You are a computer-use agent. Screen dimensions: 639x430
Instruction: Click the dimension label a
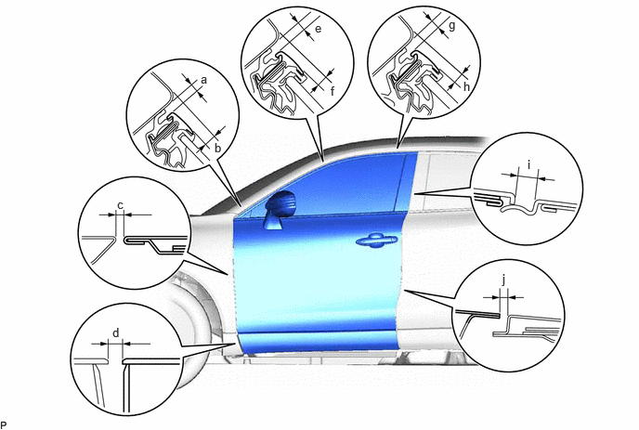(x=203, y=80)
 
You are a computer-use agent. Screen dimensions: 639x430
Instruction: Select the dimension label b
(x=217, y=148)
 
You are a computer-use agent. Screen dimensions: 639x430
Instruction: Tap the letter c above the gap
(x=120, y=206)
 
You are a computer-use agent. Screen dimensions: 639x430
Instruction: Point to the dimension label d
(x=116, y=333)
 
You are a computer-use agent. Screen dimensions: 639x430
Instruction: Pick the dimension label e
(x=319, y=29)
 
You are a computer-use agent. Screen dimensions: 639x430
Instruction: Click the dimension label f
(x=333, y=91)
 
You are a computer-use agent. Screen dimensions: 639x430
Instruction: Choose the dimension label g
(x=451, y=27)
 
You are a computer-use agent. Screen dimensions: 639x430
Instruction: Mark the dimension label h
(x=466, y=86)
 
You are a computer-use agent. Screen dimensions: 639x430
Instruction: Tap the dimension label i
(x=529, y=165)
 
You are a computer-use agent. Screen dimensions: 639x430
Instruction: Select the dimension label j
(x=504, y=280)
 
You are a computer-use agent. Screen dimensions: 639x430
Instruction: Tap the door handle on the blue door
(x=376, y=240)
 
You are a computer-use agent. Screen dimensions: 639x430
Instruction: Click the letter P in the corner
(x=4, y=425)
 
